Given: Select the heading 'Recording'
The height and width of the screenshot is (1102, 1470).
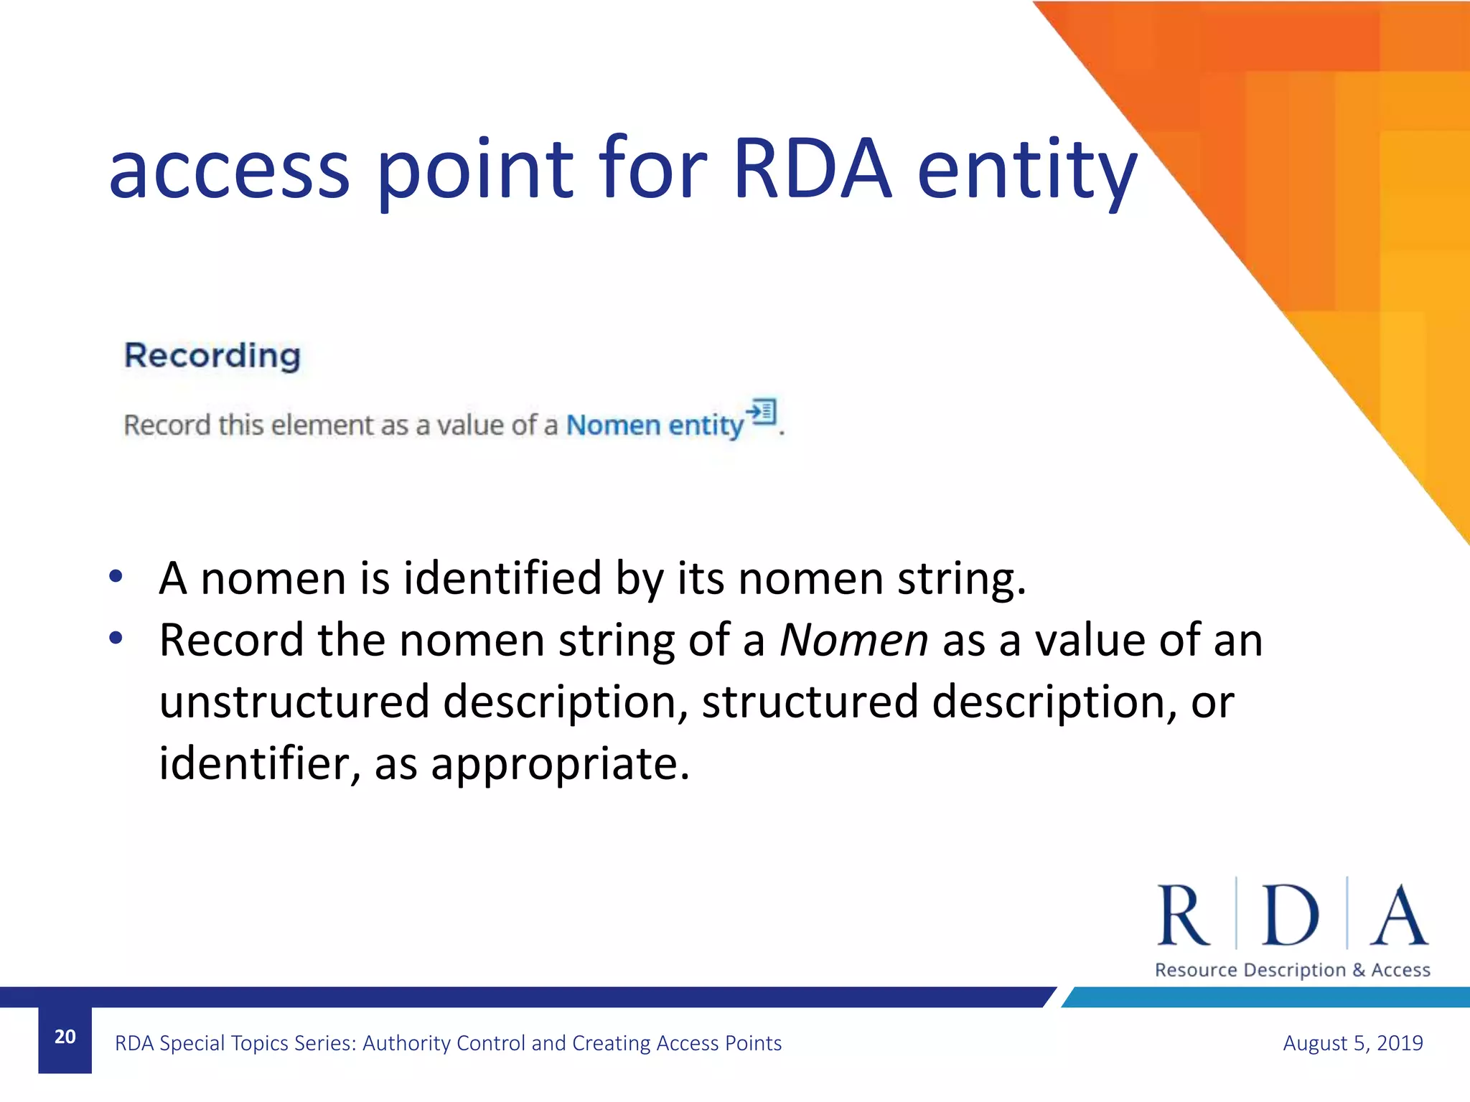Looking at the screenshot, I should [x=212, y=356].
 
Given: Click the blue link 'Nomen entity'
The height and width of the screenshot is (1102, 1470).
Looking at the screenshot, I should [x=655, y=425].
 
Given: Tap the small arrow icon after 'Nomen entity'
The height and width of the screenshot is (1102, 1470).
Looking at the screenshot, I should [x=762, y=412].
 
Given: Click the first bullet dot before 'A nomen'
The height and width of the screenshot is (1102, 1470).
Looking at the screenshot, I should [x=116, y=576].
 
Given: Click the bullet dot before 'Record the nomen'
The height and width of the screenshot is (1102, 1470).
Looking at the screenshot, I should [x=116, y=638].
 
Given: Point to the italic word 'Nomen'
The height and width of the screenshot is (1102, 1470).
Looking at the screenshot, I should [x=853, y=640].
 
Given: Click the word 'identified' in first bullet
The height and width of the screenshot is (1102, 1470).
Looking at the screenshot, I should [x=502, y=578].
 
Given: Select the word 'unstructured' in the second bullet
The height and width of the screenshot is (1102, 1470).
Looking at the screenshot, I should [x=294, y=702].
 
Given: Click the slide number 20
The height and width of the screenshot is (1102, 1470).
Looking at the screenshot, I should [x=65, y=1037].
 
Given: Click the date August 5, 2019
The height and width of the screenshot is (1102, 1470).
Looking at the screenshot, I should [x=1352, y=1043].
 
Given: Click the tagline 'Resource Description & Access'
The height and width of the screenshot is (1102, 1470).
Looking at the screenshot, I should [x=1292, y=970].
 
